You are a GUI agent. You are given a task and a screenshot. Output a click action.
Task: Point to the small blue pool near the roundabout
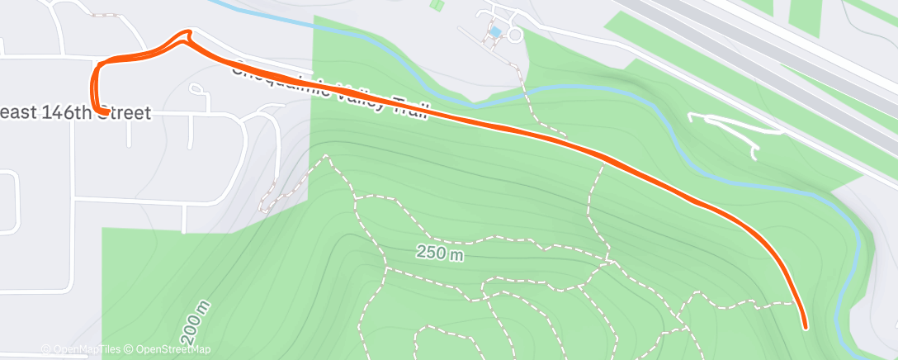click(x=495, y=32)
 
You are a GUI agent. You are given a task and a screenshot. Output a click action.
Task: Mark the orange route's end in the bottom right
click(x=804, y=325)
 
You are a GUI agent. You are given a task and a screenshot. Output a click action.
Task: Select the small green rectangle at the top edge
click(x=436, y=4)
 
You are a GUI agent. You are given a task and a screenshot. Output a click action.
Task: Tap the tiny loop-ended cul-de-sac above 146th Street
click(x=197, y=88)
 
